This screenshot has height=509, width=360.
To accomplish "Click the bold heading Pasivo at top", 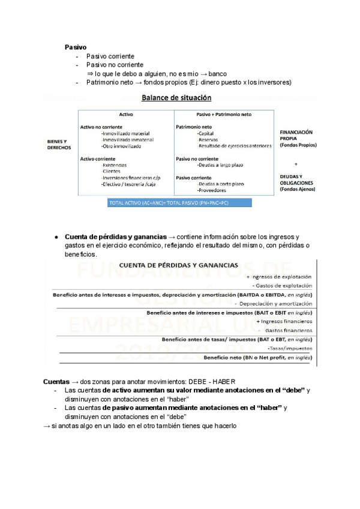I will [76, 46].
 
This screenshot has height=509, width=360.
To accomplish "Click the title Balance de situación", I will [176, 97].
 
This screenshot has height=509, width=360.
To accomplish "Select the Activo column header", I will [126, 114].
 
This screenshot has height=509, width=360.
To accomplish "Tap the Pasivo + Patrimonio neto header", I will [224, 114].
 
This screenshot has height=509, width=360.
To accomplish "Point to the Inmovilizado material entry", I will [126, 133].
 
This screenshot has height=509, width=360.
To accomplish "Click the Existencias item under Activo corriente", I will [115, 164].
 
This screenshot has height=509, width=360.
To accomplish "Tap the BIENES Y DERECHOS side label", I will [59, 144].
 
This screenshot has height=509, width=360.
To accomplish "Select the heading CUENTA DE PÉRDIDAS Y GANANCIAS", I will [178, 265].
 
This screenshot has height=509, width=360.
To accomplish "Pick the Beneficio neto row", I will [258, 357].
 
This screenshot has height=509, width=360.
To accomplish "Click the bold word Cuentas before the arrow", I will [56, 382].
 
